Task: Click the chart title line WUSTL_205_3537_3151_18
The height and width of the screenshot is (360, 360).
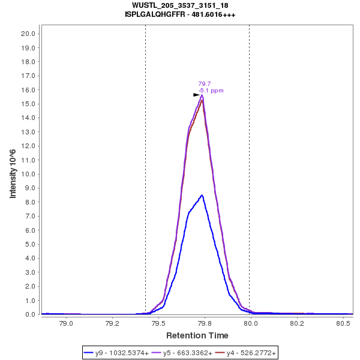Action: tap(180, 5)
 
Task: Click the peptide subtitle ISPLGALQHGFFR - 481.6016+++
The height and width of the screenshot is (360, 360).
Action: tap(180, 14)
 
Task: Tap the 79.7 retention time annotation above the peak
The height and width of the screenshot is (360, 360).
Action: tap(204, 84)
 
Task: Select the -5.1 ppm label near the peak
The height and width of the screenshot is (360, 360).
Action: tap(211, 91)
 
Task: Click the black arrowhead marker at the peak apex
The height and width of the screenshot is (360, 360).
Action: tap(196, 95)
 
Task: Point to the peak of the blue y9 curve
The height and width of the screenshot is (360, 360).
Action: tap(203, 195)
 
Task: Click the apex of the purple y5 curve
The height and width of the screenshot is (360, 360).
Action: tap(202, 95)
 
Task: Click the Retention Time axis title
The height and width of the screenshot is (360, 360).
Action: tap(197, 335)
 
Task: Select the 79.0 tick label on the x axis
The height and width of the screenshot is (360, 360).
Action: tap(67, 323)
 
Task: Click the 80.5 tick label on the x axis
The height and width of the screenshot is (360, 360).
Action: tap(343, 323)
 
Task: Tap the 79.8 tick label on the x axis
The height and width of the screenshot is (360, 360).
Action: tap(205, 323)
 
